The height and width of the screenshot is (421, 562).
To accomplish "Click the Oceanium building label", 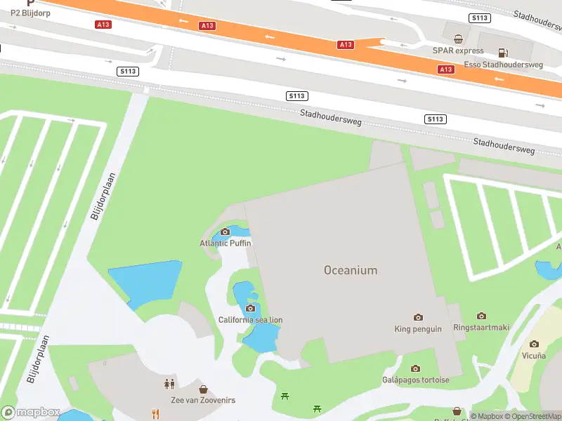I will pyautogui.click(x=351, y=270).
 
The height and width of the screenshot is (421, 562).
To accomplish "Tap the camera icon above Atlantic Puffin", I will pyautogui.click(x=226, y=232).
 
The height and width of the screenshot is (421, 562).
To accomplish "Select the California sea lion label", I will pyautogui.click(x=250, y=320).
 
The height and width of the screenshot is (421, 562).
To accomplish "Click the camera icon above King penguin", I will pyautogui.click(x=419, y=318).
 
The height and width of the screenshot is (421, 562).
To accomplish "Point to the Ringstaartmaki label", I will pyautogui.click(x=481, y=328).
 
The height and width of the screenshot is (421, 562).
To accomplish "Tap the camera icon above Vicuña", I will pyautogui.click(x=534, y=344).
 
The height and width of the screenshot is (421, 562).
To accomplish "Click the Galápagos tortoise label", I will pyautogui.click(x=415, y=380).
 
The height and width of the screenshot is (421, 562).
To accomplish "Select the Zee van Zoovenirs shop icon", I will pyautogui.click(x=203, y=389).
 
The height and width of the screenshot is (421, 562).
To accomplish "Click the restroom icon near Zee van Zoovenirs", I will pyautogui.click(x=169, y=384).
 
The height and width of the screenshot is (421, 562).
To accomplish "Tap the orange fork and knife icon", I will pyautogui.click(x=155, y=414).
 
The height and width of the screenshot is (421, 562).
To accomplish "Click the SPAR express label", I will pyautogui.click(x=458, y=51).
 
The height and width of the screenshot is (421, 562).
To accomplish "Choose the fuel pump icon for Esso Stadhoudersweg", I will pyautogui.click(x=503, y=52).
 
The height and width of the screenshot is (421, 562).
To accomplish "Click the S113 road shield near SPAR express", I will pyautogui.click(x=481, y=18).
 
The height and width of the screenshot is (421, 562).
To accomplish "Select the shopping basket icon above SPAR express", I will pyautogui.click(x=458, y=39).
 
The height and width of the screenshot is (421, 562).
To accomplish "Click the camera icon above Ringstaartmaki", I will pyautogui.click(x=481, y=316).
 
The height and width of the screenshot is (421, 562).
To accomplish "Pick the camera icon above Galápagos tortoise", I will pyautogui.click(x=415, y=368).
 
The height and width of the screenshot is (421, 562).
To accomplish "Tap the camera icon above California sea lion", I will pyautogui.click(x=250, y=308).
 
